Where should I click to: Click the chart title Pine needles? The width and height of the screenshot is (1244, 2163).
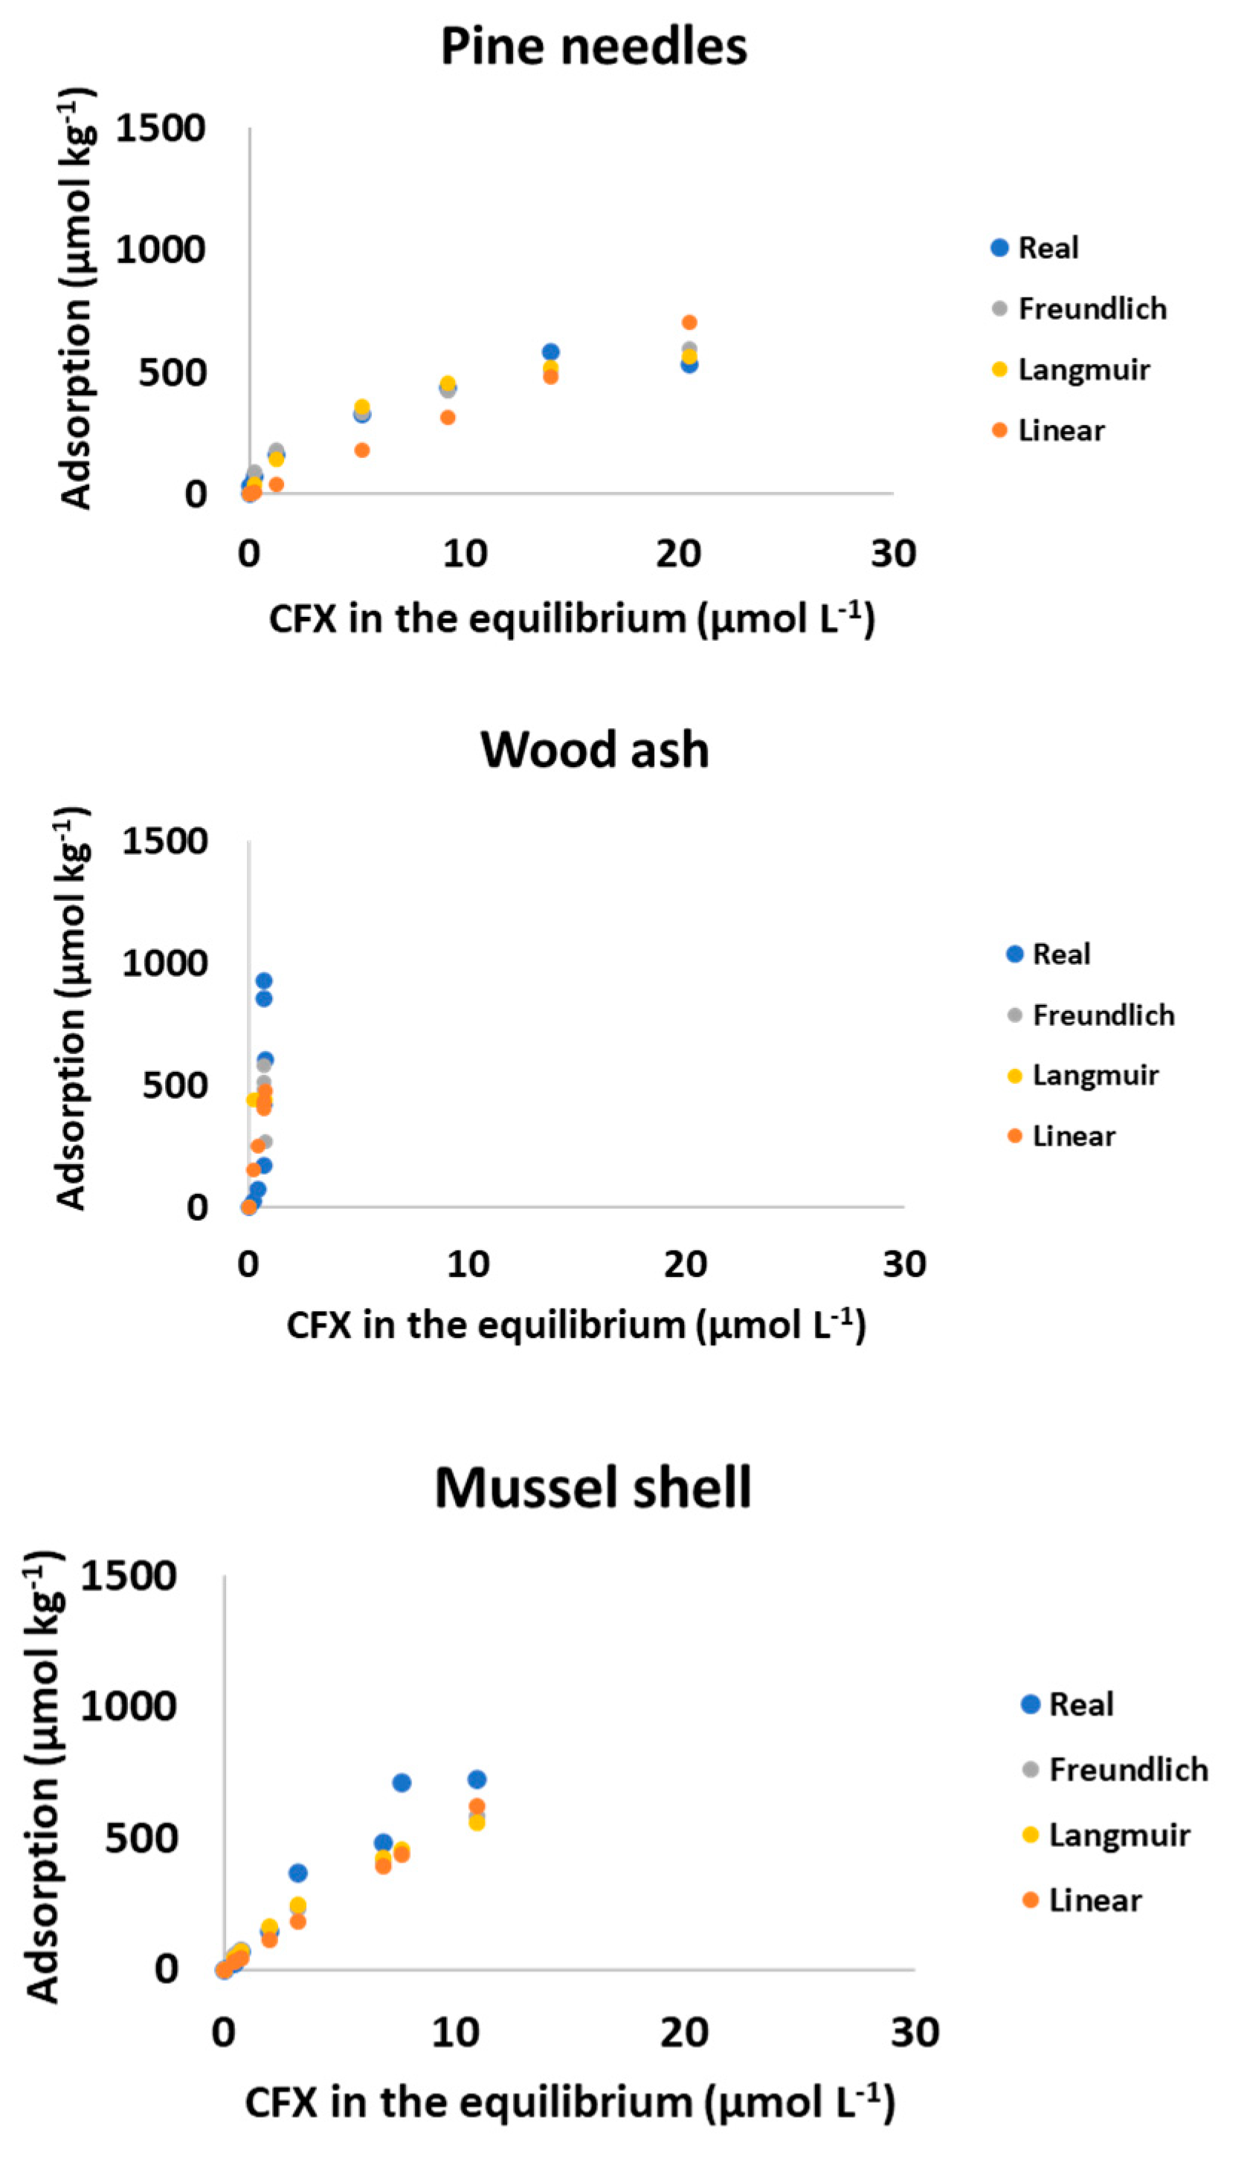coord(594,46)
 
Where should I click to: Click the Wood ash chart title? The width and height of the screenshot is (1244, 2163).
coord(595,750)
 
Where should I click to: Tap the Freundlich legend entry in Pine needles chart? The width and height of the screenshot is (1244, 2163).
coord(1091,308)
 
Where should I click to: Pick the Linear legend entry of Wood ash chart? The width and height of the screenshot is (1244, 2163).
coord(1073,1136)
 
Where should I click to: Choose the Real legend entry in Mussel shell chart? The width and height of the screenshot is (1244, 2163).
coord(1080,1704)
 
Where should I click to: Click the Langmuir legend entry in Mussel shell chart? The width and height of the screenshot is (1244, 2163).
coord(1118,1834)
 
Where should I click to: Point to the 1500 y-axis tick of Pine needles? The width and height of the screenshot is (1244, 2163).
coord(160,129)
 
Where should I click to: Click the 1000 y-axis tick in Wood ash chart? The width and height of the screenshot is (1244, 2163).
coord(164,963)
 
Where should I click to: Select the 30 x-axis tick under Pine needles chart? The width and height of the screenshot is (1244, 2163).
coord(893,555)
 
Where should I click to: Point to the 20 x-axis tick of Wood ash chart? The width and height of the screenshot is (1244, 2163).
coord(686,1264)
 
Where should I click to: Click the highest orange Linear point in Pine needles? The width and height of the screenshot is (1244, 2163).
coord(689,323)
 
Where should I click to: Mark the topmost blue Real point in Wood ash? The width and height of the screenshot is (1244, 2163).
coord(264,981)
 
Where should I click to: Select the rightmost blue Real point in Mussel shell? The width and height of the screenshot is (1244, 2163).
coord(477,1779)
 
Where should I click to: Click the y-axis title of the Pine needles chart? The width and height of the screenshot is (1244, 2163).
coord(76,299)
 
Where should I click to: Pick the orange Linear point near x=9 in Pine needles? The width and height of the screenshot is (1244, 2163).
coord(448,418)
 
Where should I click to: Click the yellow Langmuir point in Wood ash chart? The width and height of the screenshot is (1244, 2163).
coord(253,1100)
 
